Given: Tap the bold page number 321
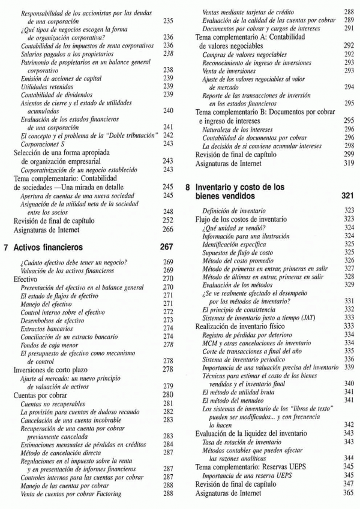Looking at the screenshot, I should click(x=347, y=196).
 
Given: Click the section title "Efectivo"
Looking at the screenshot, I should click(x=25, y=279).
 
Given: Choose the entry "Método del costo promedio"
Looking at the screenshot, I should click(x=241, y=260).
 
